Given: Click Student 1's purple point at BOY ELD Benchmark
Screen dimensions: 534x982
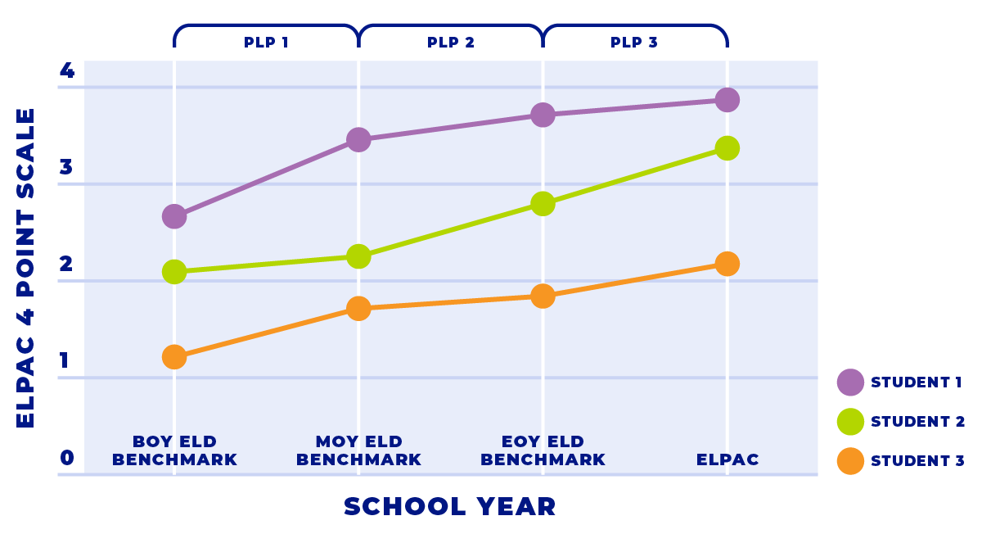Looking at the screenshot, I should (x=174, y=216).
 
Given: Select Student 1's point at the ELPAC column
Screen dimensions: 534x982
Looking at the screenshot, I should (x=727, y=100).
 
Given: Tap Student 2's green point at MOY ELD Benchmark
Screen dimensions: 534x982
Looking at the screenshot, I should (x=358, y=256).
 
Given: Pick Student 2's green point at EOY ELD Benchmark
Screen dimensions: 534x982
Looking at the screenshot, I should (x=543, y=203).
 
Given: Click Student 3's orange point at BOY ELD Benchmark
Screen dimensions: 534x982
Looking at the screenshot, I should (x=174, y=357).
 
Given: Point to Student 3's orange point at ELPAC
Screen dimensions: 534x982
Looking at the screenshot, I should (x=727, y=264).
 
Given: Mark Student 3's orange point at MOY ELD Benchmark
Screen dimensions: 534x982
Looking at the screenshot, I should (x=358, y=309).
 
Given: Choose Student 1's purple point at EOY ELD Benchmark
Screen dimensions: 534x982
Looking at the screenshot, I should (x=543, y=115).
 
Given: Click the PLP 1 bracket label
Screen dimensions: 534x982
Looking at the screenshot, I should (x=266, y=43).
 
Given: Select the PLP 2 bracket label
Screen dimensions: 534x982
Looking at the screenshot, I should (x=451, y=43).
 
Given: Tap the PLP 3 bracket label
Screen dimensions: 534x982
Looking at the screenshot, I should (x=634, y=43).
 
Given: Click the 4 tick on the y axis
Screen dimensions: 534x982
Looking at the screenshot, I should (x=67, y=71).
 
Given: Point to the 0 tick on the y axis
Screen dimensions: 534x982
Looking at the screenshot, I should (x=67, y=458).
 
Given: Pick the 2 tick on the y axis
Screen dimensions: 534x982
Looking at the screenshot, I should (x=67, y=265).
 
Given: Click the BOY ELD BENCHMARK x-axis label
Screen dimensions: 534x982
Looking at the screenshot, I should (x=174, y=450).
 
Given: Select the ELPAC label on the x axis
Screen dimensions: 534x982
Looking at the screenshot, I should (x=727, y=459).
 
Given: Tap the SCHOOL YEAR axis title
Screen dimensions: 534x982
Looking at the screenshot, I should (x=450, y=506).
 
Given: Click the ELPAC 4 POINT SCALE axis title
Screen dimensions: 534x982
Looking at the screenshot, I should (x=26, y=267).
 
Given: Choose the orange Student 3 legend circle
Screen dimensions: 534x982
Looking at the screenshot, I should (x=851, y=461).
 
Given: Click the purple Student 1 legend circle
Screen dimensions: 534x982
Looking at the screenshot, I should (x=851, y=382).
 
